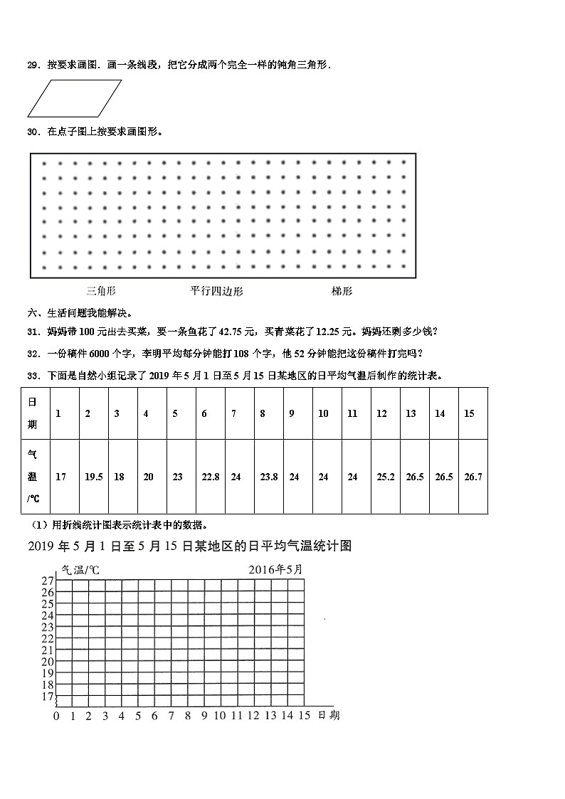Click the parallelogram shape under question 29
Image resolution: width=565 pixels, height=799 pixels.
click(x=74, y=98)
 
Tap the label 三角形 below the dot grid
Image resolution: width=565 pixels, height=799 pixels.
click(x=101, y=291)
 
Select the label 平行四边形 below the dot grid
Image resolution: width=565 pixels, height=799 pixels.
click(x=216, y=291)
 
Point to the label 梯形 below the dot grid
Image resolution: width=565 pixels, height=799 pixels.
click(x=342, y=291)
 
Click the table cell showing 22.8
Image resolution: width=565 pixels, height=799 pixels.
click(x=210, y=477)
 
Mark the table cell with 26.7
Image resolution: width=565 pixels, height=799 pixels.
click(x=472, y=477)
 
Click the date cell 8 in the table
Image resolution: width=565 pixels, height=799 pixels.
click(x=263, y=413)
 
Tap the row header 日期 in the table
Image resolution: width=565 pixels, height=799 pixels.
click(x=33, y=413)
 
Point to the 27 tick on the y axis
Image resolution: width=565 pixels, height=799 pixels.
click(x=47, y=581)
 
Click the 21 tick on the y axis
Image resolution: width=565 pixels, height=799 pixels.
click(x=47, y=650)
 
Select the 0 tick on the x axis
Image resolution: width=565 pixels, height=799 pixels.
click(x=56, y=716)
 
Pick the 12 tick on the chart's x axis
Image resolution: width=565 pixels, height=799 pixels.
click(x=253, y=716)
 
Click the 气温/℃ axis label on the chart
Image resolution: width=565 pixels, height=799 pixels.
click(x=80, y=570)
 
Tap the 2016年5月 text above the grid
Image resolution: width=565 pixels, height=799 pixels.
click(x=275, y=570)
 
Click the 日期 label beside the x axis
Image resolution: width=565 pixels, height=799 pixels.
click(x=328, y=715)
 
